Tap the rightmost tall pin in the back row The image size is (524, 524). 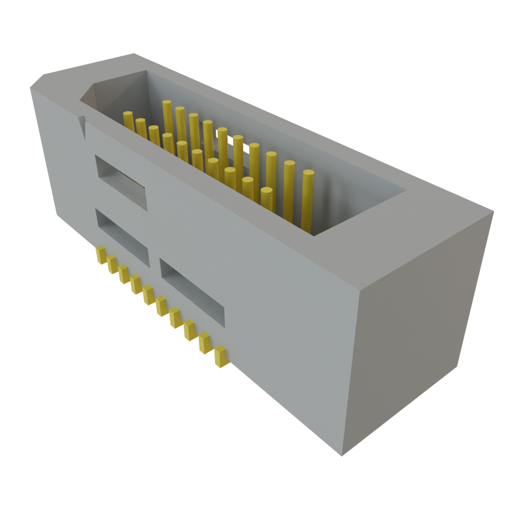[307, 200]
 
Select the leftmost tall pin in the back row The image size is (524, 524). [166, 115]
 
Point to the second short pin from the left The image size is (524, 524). [141, 128]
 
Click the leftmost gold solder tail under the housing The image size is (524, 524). [101, 254]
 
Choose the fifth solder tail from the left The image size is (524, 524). [148, 295]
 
